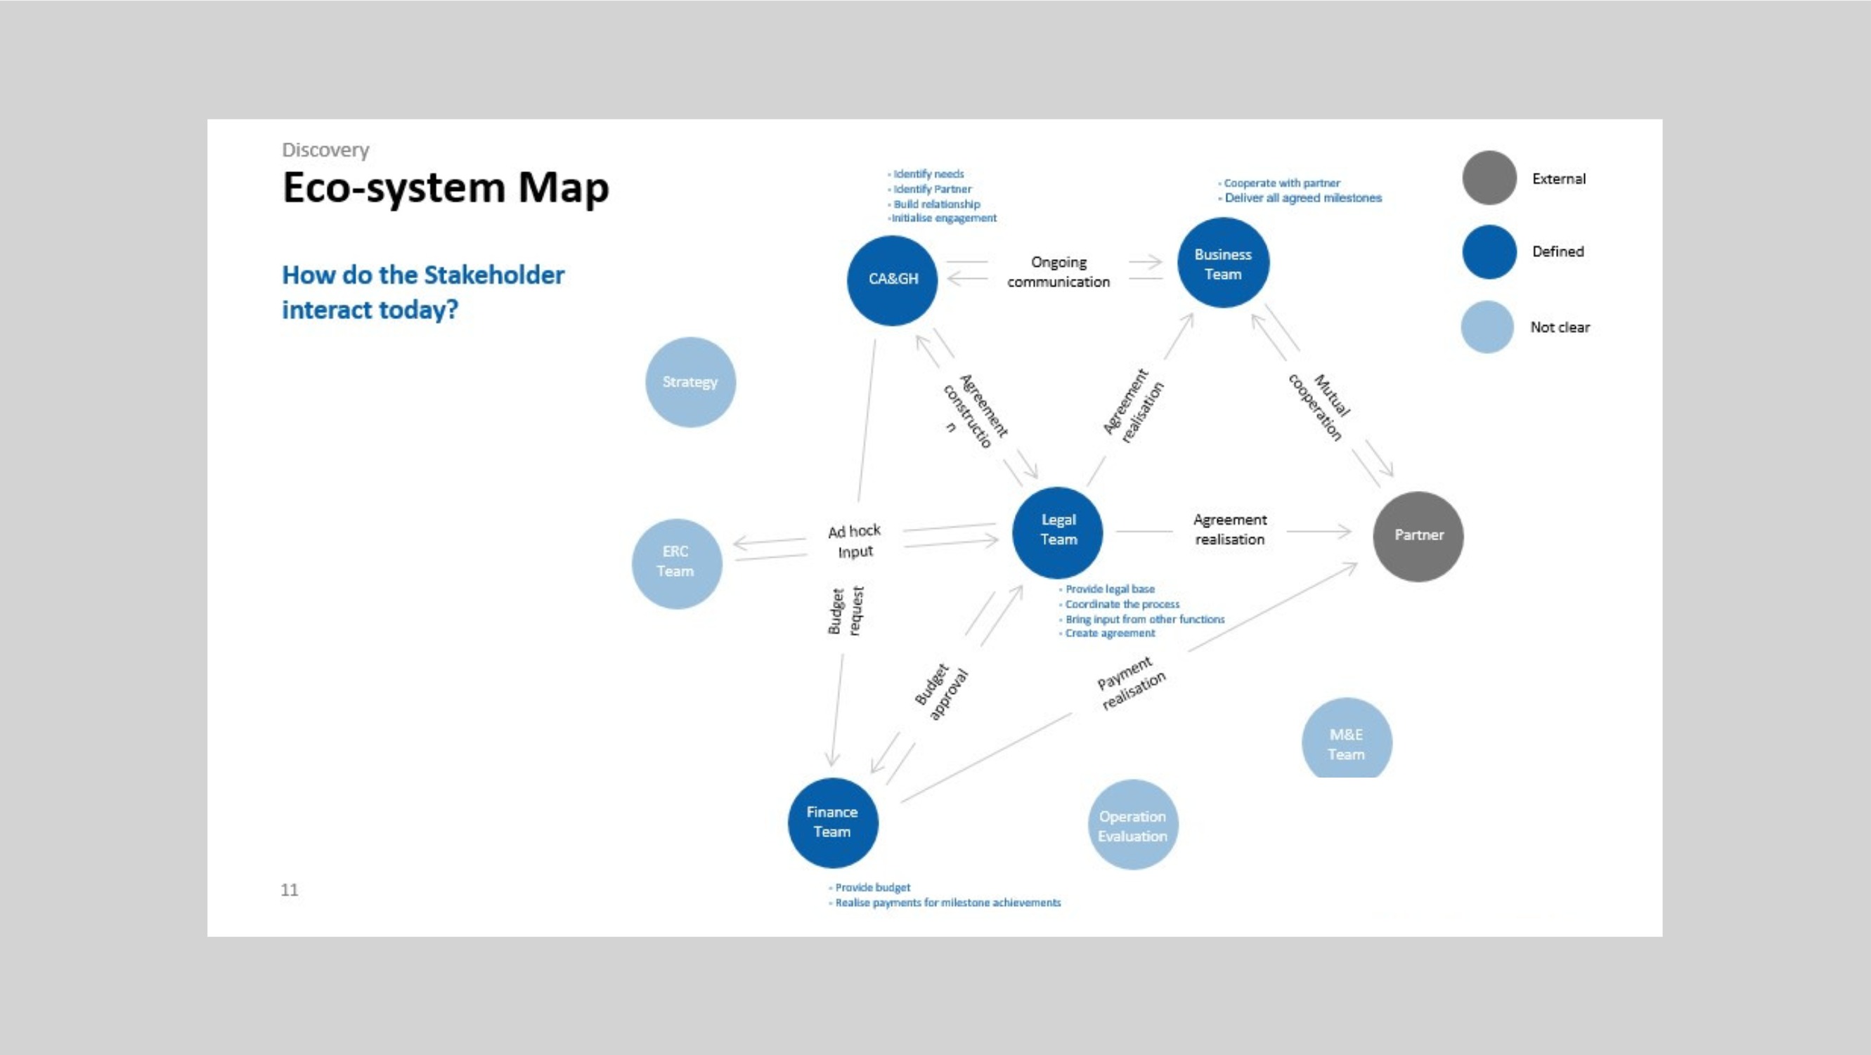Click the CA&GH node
tap(892, 280)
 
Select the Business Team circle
tap(1223, 263)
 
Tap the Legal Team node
tap(1058, 532)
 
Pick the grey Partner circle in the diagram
tap(1418, 536)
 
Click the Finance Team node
tap(832, 822)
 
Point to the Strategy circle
tap(690, 382)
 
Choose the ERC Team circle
tap(676, 563)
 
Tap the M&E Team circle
tap(1347, 740)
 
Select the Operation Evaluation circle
tap(1132, 825)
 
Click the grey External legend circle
tap(1489, 178)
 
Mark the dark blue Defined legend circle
tap(1489, 251)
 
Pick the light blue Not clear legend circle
tap(1487, 327)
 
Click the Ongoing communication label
tap(1058, 272)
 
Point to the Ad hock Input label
tap(855, 541)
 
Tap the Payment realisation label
tap(1131, 683)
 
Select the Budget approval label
tap(941, 691)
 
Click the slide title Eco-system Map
tap(445, 188)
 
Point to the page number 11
tap(289, 889)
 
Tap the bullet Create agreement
tap(1109, 633)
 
